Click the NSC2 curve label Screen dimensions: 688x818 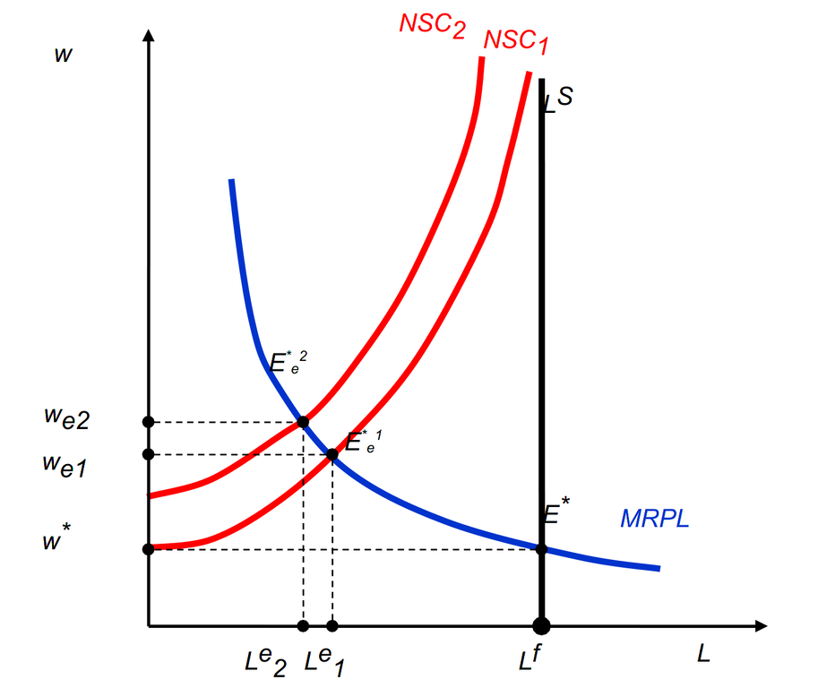pyautogui.click(x=432, y=23)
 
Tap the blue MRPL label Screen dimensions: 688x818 pyautogui.click(x=654, y=519)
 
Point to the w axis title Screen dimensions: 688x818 pyautogui.click(x=63, y=54)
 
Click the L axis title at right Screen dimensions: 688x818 pyautogui.click(x=703, y=654)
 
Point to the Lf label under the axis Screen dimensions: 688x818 pyautogui.click(x=530, y=660)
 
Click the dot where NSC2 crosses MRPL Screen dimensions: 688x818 pyautogui.click(x=303, y=422)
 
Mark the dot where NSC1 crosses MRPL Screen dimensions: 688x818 pyautogui.click(x=332, y=454)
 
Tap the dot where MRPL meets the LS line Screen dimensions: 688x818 pyautogui.click(x=541, y=548)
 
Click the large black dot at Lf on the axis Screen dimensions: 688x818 pyautogui.click(x=541, y=625)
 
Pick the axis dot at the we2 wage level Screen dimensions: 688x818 pyautogui.click(x=149, y=422)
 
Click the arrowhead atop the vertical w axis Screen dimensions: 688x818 pyautogui.click(x=149, y=37)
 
